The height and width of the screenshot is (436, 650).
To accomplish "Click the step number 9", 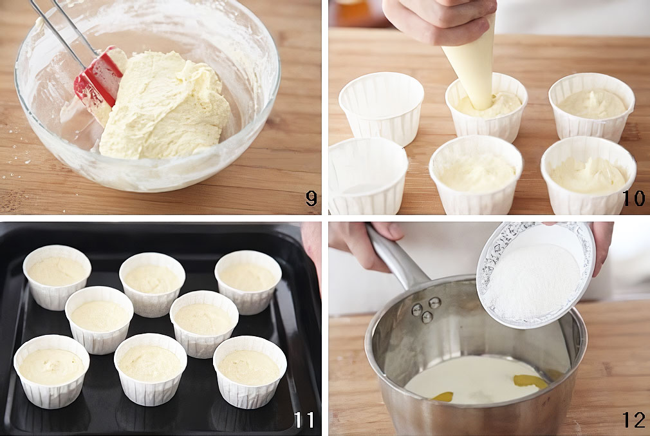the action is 311,198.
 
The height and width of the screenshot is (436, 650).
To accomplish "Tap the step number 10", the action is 633,198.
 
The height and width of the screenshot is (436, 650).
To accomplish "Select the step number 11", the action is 304,420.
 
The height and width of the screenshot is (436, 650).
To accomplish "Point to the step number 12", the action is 634,420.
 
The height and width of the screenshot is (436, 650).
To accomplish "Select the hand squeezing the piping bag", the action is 440,20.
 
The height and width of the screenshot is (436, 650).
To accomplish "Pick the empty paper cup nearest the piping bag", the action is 382,107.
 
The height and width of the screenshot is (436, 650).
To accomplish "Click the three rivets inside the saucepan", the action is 425,310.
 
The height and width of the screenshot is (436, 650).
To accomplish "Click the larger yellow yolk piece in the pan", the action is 530,381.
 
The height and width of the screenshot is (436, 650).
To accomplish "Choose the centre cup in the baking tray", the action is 152,285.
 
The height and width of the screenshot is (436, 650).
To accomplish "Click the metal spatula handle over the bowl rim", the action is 62,29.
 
